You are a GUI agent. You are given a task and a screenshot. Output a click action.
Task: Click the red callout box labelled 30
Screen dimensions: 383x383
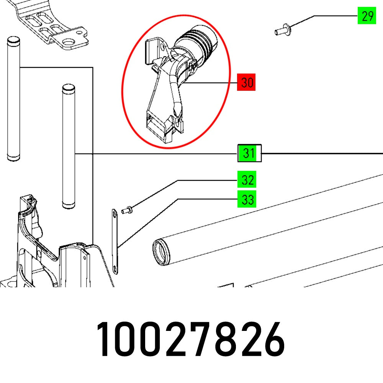[x=247, y=83]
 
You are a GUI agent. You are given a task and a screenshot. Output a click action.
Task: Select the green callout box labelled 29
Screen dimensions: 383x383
[x=367, y=16]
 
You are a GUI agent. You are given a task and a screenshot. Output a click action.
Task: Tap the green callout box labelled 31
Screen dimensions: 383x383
[x=249, y=153]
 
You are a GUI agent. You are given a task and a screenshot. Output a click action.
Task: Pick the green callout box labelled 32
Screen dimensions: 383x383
[x=247, y=180]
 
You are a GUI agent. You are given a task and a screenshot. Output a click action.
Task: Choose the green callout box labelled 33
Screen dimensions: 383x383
[x=247, y=200]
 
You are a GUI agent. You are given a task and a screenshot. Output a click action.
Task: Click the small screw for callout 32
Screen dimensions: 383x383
[x=126, y=210]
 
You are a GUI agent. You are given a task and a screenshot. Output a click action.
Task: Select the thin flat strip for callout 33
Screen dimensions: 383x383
[x=115, y=241]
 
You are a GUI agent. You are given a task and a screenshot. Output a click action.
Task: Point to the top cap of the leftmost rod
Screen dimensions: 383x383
[x=12, y=40]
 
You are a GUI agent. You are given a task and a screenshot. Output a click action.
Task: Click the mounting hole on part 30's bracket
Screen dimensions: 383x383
[x=162, y=49]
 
